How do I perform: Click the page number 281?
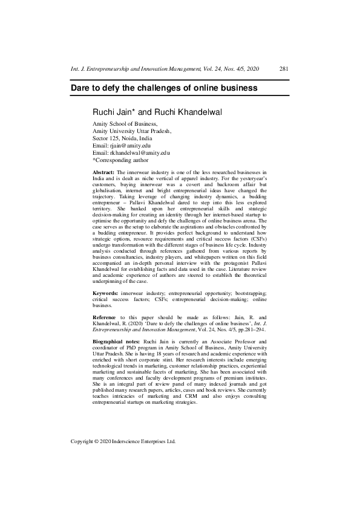coord(284,69)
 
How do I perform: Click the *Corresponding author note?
coord(120,160)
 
